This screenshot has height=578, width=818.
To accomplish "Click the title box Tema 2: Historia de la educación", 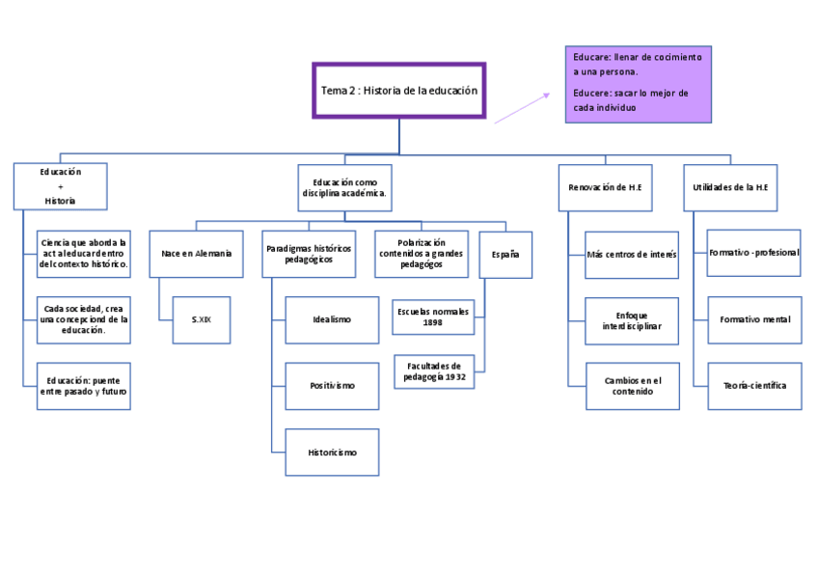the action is [x=399, y=91].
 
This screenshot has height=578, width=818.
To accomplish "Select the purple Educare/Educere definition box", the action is [x=638, y=85].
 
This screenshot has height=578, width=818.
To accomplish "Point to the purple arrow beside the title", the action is [x=522, y=108].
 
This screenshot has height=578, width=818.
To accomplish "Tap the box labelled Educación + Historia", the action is [x=61, y=186].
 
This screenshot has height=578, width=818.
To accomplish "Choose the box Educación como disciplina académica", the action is [x=344, y=188].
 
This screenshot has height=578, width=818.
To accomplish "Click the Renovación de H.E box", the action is [x=605, y=188].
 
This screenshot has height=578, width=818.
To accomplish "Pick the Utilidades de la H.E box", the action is [x=730, y=188].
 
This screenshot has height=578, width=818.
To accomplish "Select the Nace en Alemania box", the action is [x=196, y=254].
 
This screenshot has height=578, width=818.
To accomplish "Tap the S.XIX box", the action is [x=202, y=319].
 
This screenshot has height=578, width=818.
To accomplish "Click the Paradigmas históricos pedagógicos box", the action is [x=309, y=254].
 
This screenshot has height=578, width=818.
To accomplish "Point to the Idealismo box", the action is [x=332, y=319].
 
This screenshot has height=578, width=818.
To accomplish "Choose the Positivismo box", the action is [x=332, y=386].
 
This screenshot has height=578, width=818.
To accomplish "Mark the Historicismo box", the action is [x=332, y=453].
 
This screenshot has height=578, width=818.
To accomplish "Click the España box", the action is [x=505, y=255].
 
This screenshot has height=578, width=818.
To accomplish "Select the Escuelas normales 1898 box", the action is [x=433, y=317].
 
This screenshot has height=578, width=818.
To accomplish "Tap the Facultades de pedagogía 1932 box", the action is [x=434, y=372].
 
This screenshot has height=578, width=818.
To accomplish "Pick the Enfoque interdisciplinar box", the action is [x=632, y=320].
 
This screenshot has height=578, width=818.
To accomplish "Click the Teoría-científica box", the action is [x=755, y=386].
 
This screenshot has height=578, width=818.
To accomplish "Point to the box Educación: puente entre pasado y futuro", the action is [x=84, y=386].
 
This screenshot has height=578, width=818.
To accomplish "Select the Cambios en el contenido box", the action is [x=633, y=386].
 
